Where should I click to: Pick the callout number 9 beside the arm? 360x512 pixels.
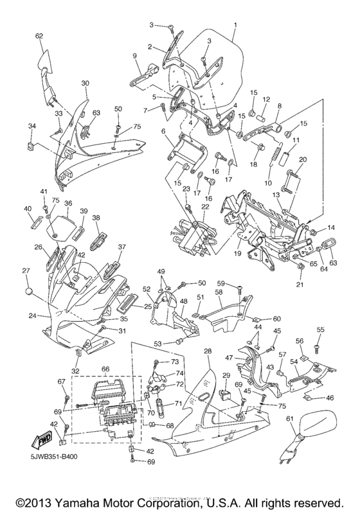pos(135,56)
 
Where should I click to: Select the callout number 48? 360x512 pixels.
pos(183,301)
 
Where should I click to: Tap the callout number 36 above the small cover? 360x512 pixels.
pos(67,202)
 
